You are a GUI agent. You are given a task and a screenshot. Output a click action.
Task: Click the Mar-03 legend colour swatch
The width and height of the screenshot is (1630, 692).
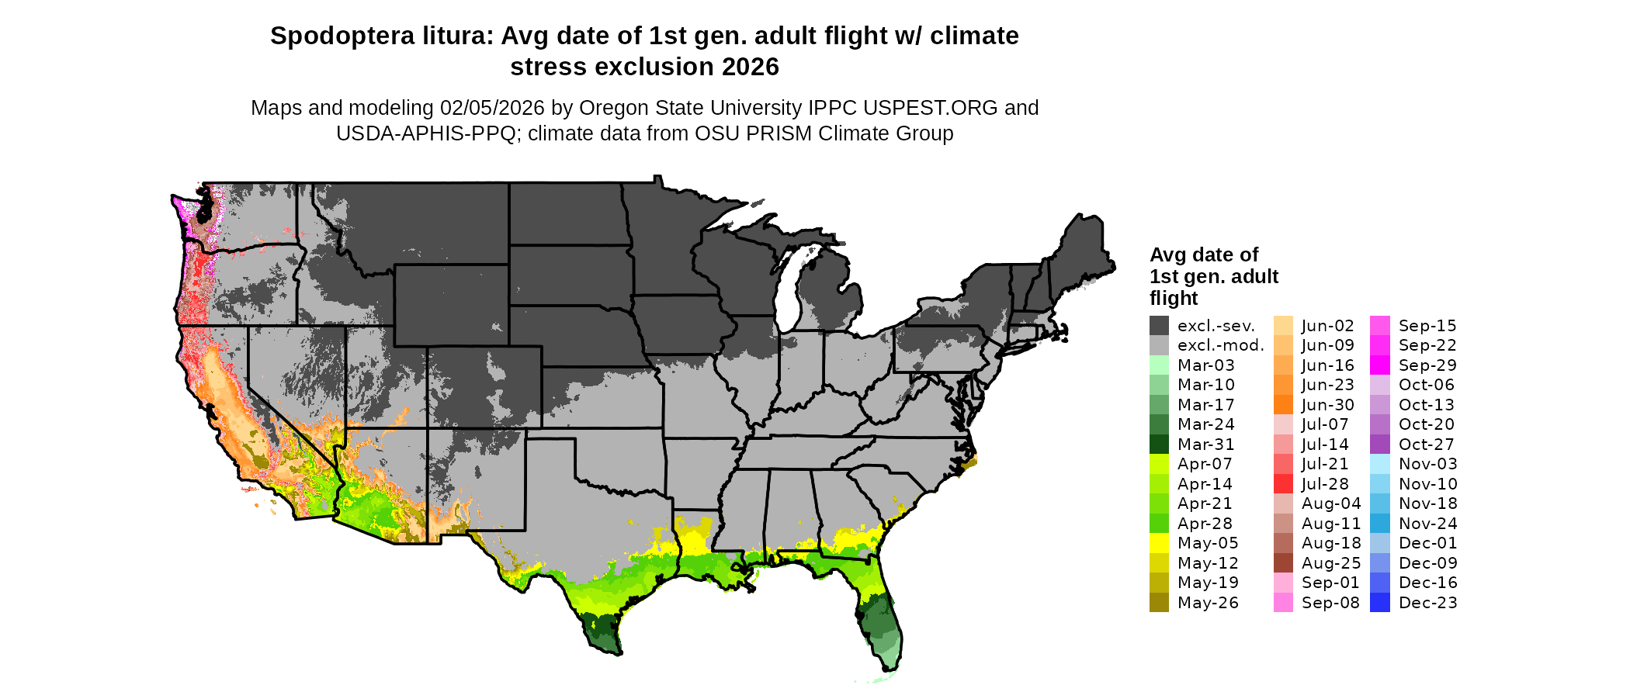pos(1159,365)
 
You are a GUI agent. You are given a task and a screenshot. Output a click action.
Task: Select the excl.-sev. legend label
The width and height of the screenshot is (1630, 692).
pos(1216,326)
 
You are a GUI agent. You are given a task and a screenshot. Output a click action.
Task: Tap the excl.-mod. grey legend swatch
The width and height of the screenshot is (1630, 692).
pos(1159,345)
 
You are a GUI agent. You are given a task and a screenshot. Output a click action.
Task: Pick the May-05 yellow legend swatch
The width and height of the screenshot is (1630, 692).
pos(1159,543)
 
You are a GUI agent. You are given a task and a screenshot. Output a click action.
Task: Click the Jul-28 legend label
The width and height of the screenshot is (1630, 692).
pos(1325,484)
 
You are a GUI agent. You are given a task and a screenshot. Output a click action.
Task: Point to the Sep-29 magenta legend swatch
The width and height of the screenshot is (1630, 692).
pos(1380,365)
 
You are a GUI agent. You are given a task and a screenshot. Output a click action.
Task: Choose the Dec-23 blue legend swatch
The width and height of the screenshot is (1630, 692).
pos(1380,603)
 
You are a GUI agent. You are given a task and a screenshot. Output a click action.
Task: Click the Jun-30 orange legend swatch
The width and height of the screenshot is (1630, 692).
pos(1283,405)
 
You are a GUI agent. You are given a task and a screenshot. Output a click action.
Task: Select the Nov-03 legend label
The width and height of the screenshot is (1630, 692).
pos(1427,464)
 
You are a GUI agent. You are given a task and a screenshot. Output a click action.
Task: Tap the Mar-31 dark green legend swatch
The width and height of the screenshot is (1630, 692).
pos(1159,445)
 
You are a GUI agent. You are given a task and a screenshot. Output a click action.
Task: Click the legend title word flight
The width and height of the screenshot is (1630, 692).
pos(1174,299)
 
